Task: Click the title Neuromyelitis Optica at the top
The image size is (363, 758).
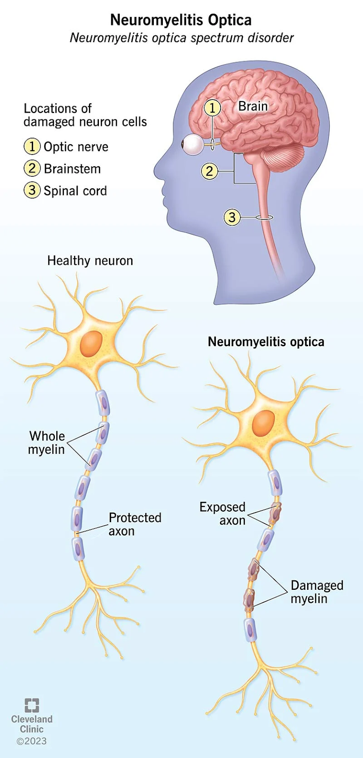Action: pyautogui.click(x=181, y=20)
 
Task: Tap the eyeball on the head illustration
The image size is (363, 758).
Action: pyautogui.click(x=193, y=144)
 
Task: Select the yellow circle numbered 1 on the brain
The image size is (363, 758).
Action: pyautogui.click(x=212, y=108)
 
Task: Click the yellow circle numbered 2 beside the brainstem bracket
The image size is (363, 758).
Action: pyautogui.click(x=210, y=171)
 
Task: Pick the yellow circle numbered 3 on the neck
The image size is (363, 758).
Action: pyautogui.click(x=232, y=217)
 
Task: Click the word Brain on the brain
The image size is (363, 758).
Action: pyautogui.click(x=253, y=106)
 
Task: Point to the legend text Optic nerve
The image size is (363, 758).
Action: pyautogui.click(x=76, y=147)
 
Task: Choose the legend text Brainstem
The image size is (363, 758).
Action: pyautogui.click(x=72, y=169)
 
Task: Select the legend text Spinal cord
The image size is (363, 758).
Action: pyautogui.click(x=75, y=190)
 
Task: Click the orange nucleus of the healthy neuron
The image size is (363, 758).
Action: pyautogui.click(x=91, y=343)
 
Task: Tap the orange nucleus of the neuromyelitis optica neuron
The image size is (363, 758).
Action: pyautogui.click(x=264, y=423)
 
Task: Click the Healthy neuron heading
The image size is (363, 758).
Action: pyautogui.click(x=90, y=261)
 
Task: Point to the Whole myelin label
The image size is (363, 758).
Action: pyautogui.click(x=47, y=442)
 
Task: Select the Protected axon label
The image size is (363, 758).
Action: pyautogui.click(x=135, y=524)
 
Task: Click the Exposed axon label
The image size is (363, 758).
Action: pyautogui.click(x=222, y=514)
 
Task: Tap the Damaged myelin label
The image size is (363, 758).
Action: pyautogui.click(x=317, y=592)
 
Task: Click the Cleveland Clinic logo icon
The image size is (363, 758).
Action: pyautogui.click(x=32, y=705)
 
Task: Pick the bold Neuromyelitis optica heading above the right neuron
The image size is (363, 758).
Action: pyautogui.click(x=266, y=342)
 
